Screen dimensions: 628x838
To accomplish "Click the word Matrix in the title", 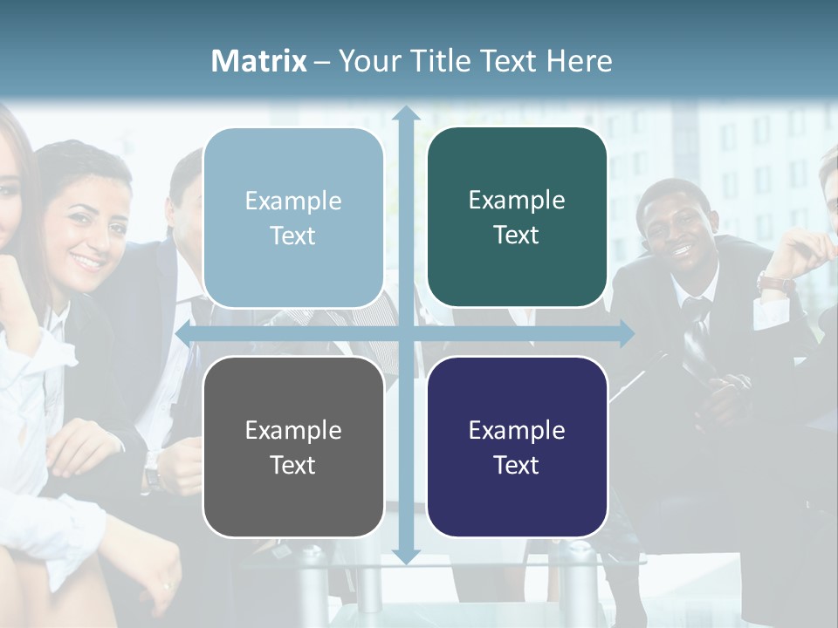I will pos(259,61).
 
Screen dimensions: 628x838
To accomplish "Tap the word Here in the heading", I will pos(579,61).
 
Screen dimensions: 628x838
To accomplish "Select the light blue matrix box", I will pos(293,218).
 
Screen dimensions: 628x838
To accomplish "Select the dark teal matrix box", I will pos(517,217).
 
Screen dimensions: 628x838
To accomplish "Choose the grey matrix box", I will pos(293,447).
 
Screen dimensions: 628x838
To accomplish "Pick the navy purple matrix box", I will pos(517,447).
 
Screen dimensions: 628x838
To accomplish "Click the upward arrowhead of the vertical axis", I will pos(406,113).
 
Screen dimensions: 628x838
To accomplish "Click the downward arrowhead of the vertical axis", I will pos(406,556).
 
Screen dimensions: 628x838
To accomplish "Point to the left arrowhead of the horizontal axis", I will pos(183,333).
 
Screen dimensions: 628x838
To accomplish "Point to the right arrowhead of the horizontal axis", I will pos(627,333).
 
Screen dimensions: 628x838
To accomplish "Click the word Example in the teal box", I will pos(517,201).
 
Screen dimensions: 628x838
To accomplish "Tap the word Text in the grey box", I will pos(292,465).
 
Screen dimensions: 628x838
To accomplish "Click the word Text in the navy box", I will pos(517,465).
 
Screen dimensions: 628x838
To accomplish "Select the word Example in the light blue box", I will pos(293,201).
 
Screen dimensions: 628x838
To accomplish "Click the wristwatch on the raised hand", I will pos(775,283).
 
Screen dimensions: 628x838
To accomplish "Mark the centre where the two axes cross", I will pos(406,333).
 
